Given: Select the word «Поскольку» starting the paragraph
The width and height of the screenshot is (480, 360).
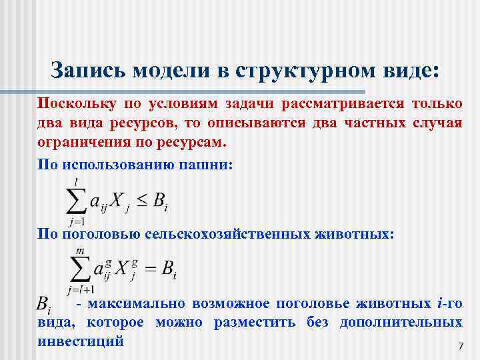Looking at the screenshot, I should pyautogui.click(x=71, y=104).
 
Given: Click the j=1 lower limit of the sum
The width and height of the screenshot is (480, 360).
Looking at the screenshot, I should pyautogui.click(x=78, y=221).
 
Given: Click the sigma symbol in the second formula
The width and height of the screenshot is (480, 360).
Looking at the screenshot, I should pyautogui.click(x=79, y=269).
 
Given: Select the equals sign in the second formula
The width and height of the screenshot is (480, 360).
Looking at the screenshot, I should pyautogui.click(x=150, y=269).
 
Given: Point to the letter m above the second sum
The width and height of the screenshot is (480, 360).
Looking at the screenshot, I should pyautogui.click(x=80, y=251).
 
